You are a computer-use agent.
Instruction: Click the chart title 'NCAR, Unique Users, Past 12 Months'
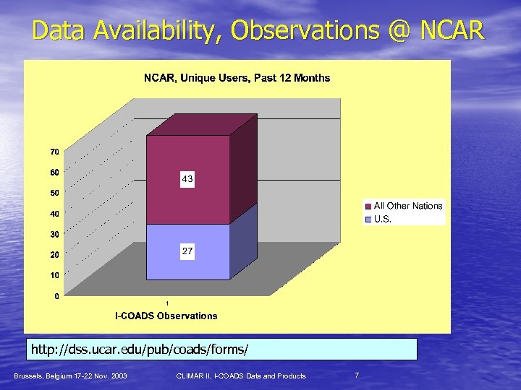[236, 78]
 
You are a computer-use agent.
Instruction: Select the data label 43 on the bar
[187, 179]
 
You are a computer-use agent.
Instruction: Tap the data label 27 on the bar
[187, 251]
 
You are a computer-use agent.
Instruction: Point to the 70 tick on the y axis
[54, 152]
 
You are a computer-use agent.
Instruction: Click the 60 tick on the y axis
[54, 172]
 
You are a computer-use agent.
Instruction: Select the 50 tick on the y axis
[54, 193]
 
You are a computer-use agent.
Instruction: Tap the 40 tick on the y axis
[54, 214]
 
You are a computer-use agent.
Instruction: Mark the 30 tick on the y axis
[54, 234]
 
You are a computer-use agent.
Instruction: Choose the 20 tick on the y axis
[54, 255]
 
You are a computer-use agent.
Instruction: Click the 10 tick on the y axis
[54, 275]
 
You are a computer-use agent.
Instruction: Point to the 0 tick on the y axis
[56, 296]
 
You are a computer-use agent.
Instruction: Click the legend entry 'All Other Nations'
[407, 206]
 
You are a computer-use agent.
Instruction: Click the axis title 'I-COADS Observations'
[166, 316]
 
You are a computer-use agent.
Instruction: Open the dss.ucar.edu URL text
[140, 350]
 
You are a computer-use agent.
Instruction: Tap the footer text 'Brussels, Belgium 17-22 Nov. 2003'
[71, 376]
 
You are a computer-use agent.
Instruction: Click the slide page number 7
[357, 374]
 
